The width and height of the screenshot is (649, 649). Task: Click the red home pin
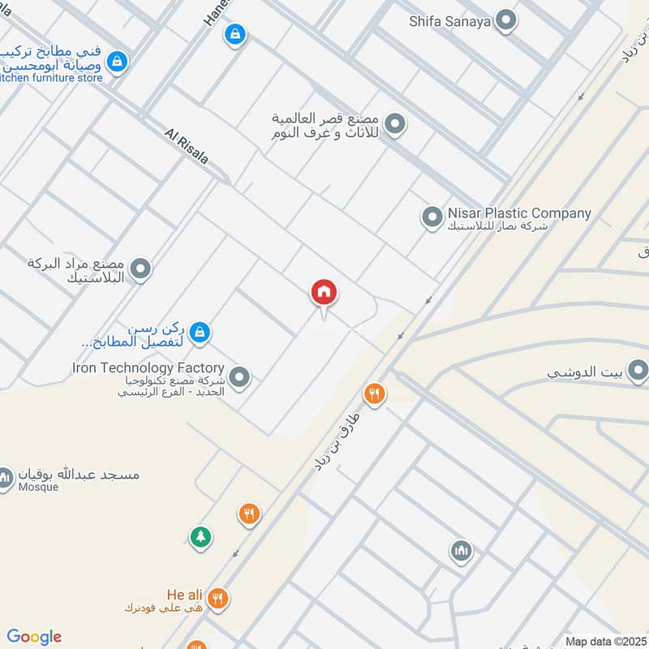tap(324, 294)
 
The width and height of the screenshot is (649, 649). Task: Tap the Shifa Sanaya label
tap(450, 22)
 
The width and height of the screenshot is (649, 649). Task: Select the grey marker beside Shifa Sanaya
tap(506, 21)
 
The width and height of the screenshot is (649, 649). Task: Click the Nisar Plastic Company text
tap(519, 214)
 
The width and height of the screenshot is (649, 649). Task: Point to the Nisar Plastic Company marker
tap(430, 217)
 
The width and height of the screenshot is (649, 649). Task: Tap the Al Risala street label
tap(186, 146)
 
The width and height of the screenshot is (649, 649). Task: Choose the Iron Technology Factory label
tap(148, 368)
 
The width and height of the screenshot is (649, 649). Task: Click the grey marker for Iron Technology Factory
tap(239, 376)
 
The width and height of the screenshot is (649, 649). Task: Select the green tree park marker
tap(200, 536)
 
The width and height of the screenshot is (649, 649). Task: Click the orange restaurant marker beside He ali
tap(217, 599)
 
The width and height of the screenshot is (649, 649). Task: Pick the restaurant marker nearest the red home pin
tap(373, 393)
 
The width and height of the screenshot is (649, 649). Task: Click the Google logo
tap(34, 637)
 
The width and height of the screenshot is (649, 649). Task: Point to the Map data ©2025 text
tap(604, 642)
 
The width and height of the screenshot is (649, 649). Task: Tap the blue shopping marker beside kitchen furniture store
tap(118, 61)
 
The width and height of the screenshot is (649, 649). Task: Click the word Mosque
tap(40, 488)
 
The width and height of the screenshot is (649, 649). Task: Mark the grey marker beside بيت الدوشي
tap(638, 372)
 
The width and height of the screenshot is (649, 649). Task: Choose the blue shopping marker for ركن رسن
tap(200, 332)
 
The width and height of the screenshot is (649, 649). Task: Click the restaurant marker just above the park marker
tap(248, 514)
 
